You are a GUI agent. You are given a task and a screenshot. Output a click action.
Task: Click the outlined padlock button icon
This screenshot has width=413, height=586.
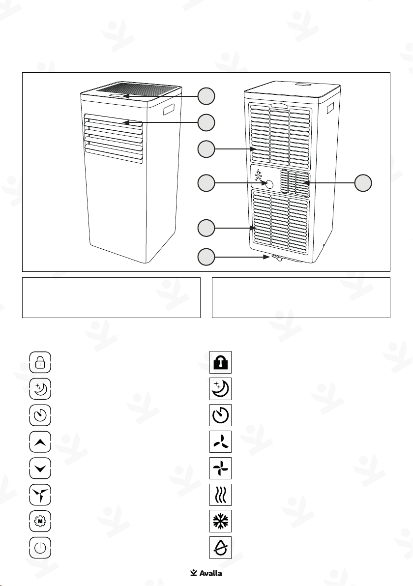40,362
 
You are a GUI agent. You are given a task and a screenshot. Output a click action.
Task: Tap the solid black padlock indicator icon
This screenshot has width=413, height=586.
221,362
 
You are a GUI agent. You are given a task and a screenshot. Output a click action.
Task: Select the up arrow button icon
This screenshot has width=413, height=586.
40,442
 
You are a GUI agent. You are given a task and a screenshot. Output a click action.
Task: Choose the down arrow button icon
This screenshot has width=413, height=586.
40,469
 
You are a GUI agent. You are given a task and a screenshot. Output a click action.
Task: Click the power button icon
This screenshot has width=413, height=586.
40,548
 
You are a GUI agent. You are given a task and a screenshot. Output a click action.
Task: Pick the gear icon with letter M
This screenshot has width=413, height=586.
40,521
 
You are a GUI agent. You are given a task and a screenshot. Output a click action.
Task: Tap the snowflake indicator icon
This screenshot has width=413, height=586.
221,521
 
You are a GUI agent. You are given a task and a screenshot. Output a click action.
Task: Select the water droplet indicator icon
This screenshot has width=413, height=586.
221,548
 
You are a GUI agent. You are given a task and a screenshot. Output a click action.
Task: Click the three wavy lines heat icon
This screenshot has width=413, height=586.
221,495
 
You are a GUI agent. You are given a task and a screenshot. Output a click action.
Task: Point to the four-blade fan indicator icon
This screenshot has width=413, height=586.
221,469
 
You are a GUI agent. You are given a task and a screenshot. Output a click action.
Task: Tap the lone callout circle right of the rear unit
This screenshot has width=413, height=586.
363,183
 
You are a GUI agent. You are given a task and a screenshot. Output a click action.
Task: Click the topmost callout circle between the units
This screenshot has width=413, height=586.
206,96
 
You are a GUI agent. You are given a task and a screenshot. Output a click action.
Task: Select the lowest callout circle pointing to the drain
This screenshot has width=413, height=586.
206,257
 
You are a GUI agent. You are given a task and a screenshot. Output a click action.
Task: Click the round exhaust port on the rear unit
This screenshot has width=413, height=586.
268,183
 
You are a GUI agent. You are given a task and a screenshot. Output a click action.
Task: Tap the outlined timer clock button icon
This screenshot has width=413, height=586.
40,415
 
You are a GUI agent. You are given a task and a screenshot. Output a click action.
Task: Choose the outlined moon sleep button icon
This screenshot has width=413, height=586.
40,389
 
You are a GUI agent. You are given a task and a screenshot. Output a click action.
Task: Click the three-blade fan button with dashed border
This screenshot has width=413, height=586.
40,495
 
